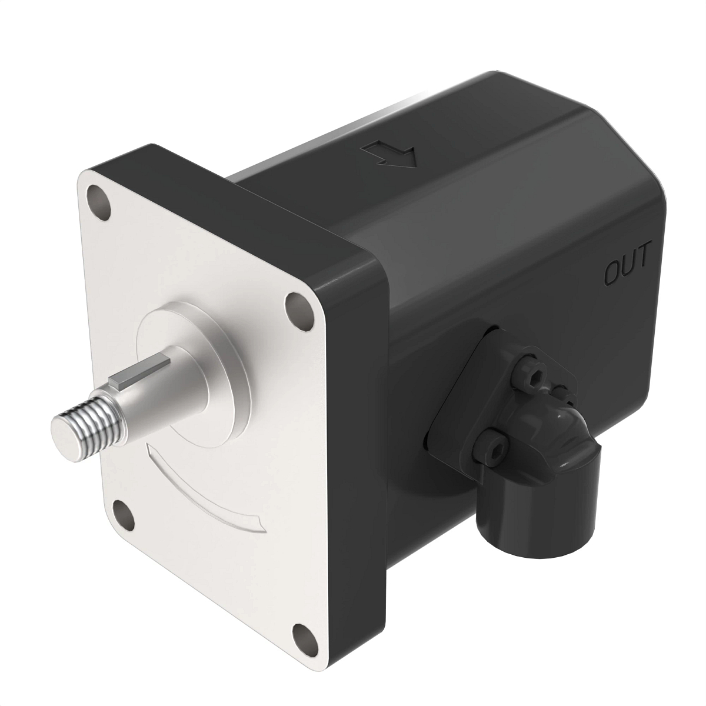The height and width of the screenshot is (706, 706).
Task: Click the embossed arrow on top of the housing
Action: (x=391, y=155)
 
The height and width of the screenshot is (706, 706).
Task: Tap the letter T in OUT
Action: (x=642, y=257)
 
